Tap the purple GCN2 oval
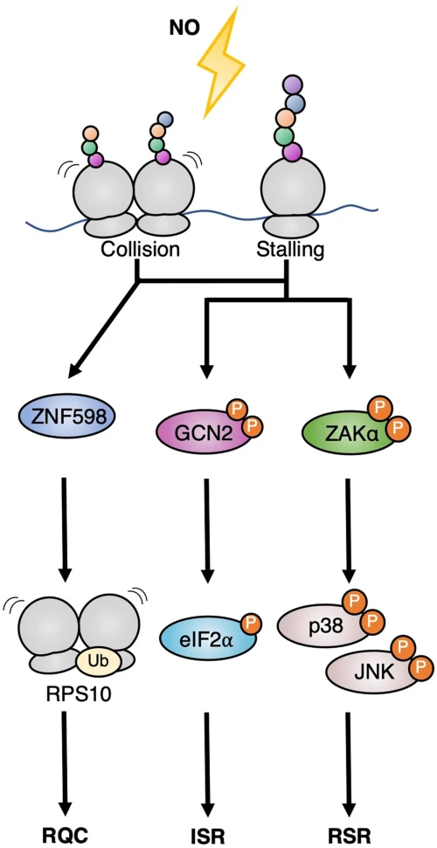[199, 431]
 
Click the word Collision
[140, 251]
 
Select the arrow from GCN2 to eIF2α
[208, 528]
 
